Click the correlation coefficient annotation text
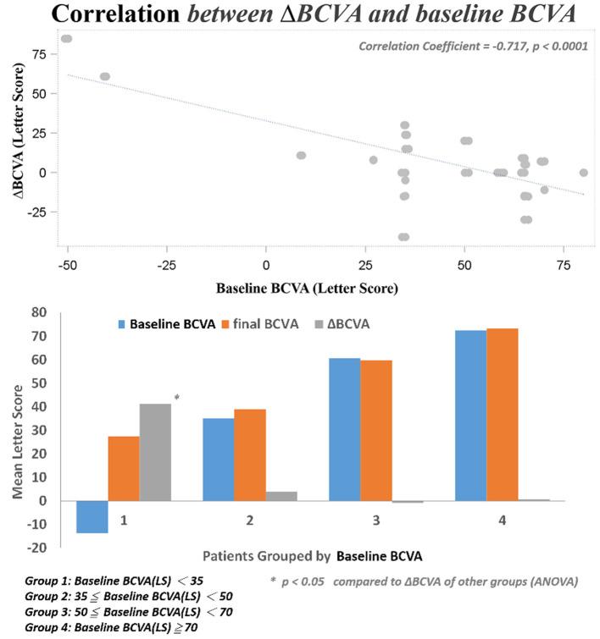click(473, 46)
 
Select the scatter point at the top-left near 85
click(66, 39)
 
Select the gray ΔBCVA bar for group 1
click(155, 452)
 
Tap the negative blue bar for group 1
click(92, 516)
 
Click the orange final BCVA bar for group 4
click(503, 415)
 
